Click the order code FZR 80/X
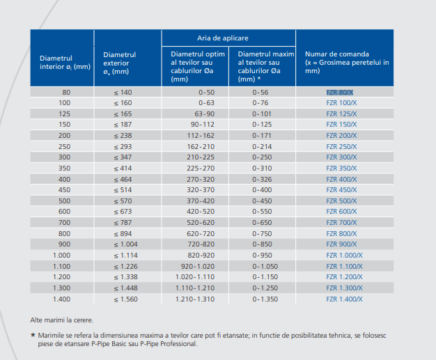tap(339, 92)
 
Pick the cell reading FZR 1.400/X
tap(344, 298)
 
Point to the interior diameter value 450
tap(64, 189)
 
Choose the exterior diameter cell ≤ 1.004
tap(126, 244)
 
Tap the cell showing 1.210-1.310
tap(196, 298)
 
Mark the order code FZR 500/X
tap(341, 201)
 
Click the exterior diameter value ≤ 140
tap(123, 92)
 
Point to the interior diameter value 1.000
tap(61, 255)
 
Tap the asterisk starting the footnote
tap(32, 335)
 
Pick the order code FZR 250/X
tap(341, 146)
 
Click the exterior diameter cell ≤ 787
tap(123, 222)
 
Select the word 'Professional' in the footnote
tap(178, 343)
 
